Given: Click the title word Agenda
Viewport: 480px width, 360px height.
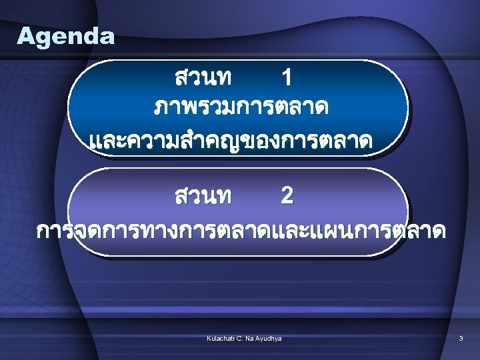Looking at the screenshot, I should tap(66, 36).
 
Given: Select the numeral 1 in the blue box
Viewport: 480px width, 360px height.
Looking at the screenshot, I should tap(287, 79).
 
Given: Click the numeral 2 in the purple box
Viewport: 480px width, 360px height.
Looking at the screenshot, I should tap(287, 196).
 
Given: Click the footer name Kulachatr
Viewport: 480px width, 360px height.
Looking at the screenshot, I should tap(221, 339).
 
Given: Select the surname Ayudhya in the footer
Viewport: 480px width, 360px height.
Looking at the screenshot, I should tap(269, 339).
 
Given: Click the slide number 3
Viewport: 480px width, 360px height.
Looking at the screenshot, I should tap(461, 339).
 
